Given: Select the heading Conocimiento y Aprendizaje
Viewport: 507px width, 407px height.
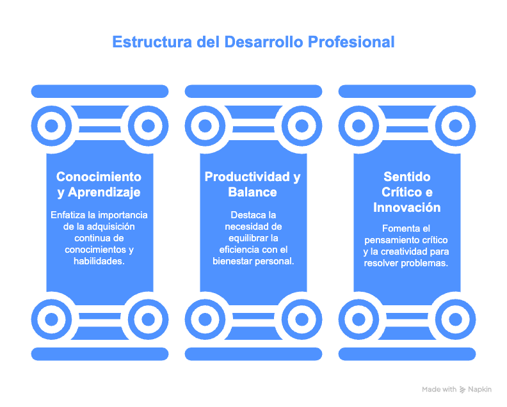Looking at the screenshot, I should point(99,184).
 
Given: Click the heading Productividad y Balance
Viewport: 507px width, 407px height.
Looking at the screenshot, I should point(253,184).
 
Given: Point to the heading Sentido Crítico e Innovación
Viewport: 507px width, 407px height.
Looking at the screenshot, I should point(406,192).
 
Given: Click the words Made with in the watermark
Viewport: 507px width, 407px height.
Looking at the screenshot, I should point(439,390).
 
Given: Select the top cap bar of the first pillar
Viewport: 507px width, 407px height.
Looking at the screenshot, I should point(99,91).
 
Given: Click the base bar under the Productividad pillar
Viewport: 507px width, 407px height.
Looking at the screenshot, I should point(253,353).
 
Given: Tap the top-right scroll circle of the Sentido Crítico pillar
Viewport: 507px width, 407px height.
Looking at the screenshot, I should point(455,125).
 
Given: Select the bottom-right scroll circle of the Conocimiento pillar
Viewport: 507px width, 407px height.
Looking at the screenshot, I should point(147,319).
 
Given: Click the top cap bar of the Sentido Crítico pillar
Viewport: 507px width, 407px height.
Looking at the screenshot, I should point(406,91).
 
